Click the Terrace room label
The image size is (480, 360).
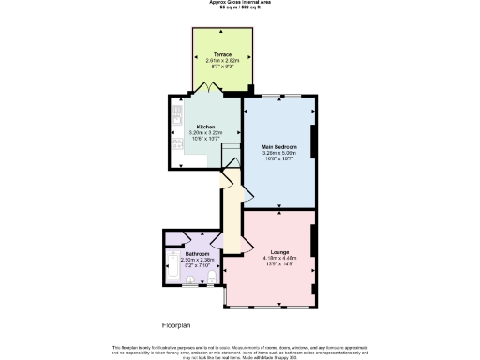(222, 55)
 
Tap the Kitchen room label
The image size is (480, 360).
(206, 127)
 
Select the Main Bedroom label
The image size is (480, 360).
(279, 147)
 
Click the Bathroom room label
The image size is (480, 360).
(197, 254)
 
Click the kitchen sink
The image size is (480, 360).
(175, 117)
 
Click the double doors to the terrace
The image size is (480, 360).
(215, 88)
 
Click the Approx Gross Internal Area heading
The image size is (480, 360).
(240, 3)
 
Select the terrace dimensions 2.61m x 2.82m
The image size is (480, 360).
(222, 61)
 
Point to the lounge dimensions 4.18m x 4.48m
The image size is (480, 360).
(279, 259)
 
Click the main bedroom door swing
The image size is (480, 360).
(247, 187)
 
